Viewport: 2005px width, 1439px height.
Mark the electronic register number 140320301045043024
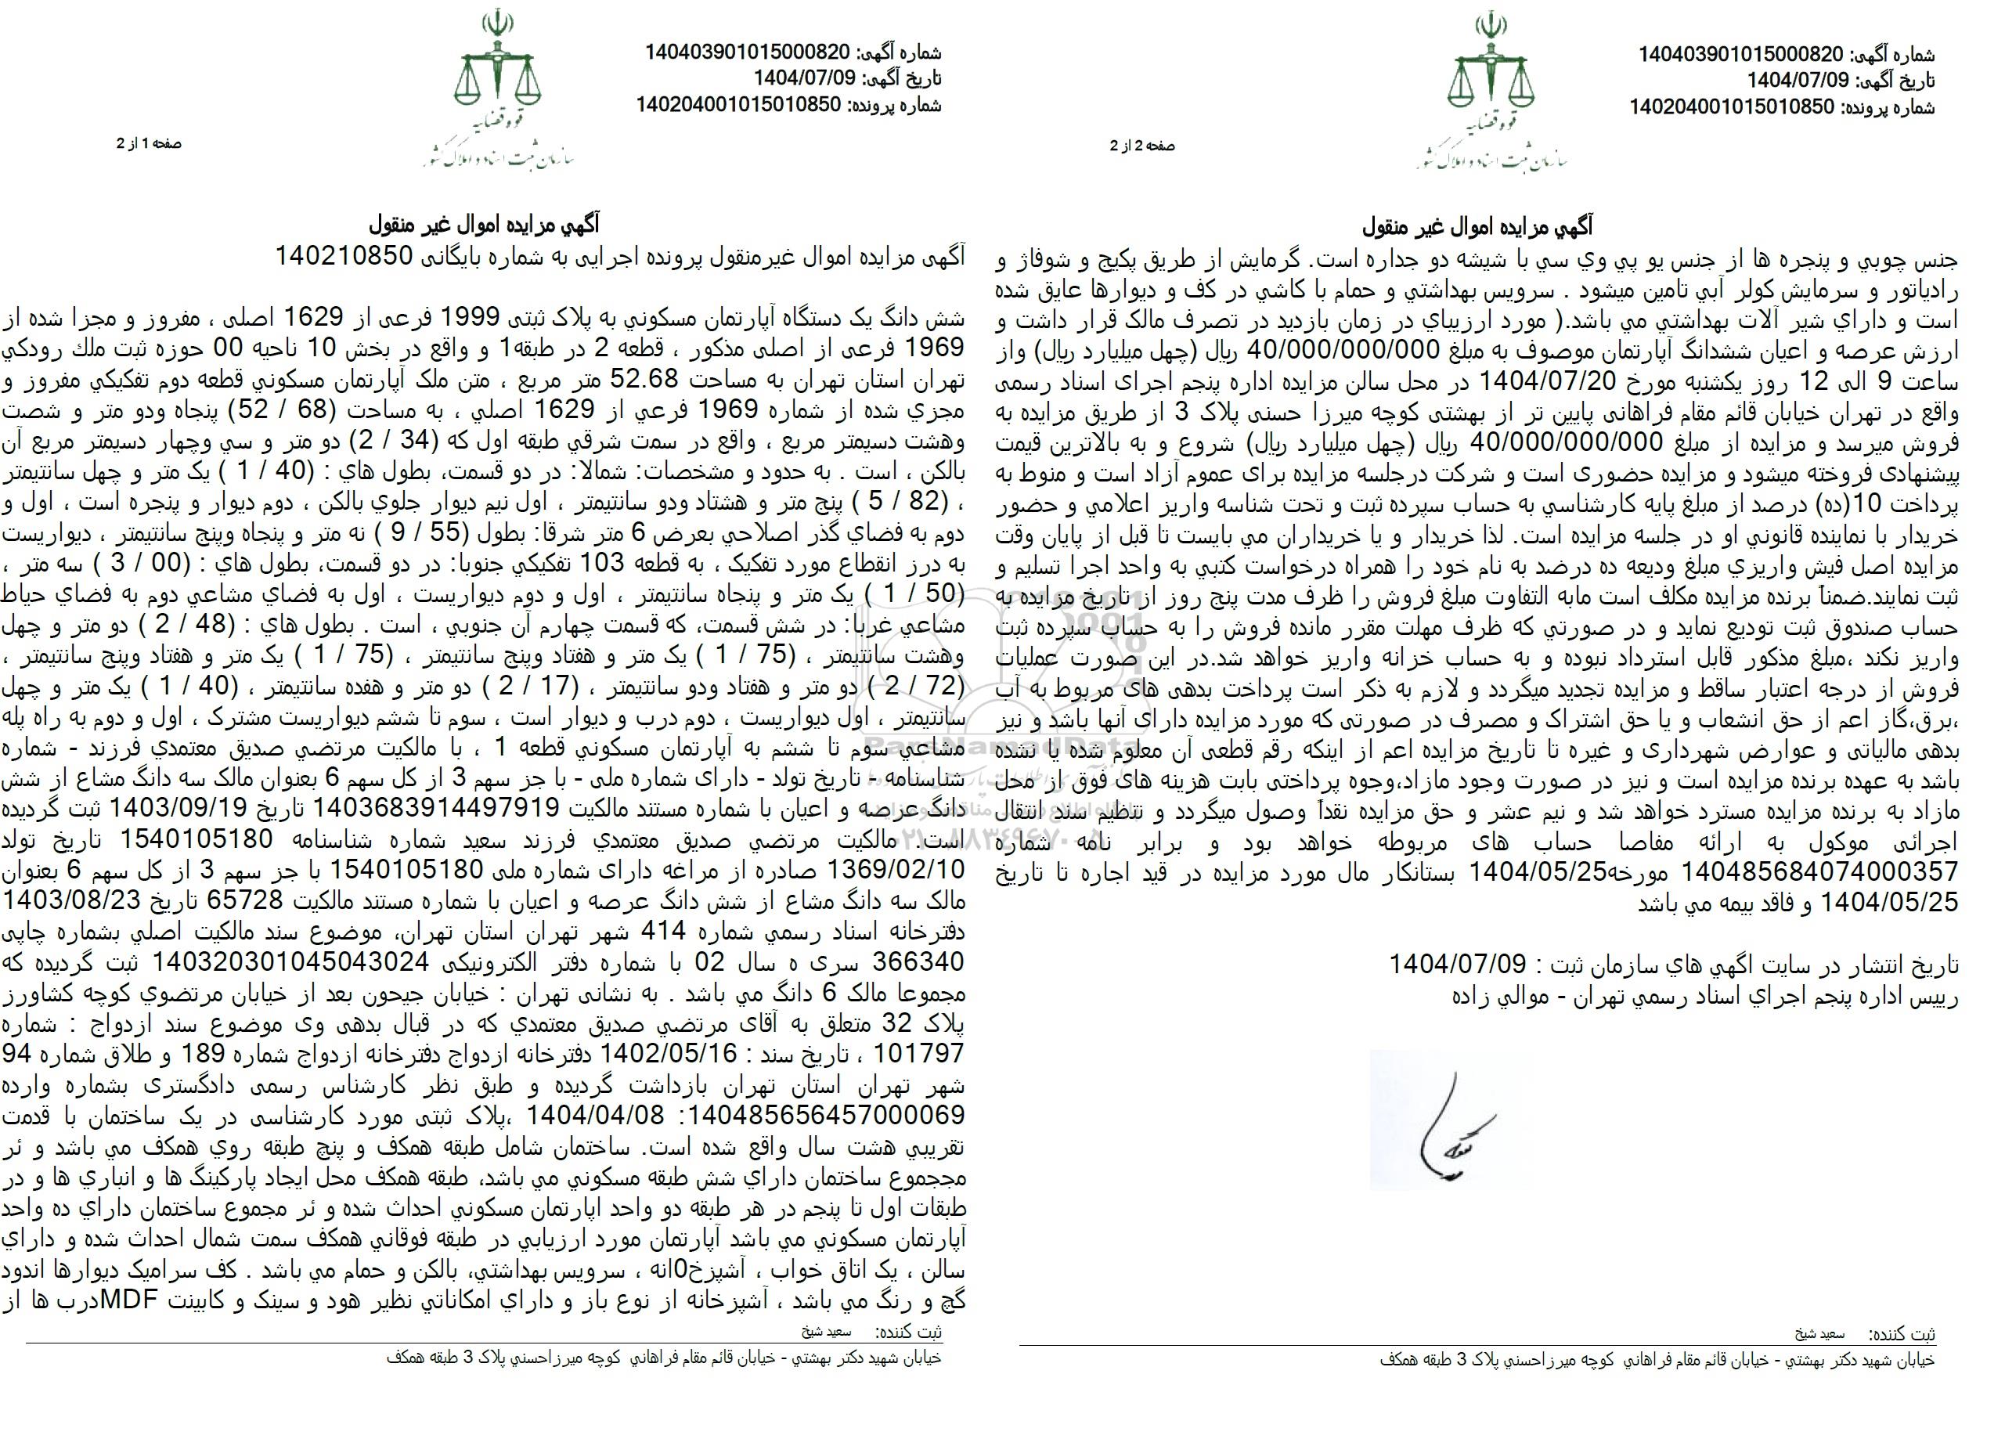pos(290,961)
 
